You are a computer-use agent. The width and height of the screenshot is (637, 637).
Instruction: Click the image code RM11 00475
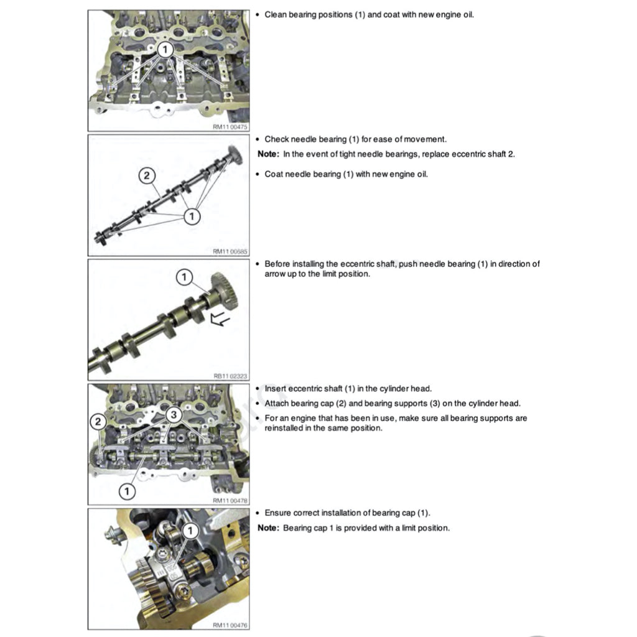(230, 126)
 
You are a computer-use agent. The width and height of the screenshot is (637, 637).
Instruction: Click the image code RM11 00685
(230, 251)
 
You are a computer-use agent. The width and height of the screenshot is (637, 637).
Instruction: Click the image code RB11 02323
(230, 376)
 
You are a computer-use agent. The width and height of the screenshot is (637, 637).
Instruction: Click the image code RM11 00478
(230, 500)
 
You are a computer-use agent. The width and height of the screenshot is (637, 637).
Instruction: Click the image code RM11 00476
(230, 625)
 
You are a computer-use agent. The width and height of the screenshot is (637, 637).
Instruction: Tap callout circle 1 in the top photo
(164, 50)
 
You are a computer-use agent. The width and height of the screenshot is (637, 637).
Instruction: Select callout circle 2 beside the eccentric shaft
(146, 176)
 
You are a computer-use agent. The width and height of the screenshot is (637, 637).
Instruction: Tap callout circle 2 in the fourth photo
(98, 422)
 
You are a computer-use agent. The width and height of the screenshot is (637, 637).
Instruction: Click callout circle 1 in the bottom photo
(191, 531)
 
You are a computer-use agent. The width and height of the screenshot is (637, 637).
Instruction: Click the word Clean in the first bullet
(276, 14)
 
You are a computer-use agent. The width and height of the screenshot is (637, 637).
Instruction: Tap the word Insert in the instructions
(276, 389)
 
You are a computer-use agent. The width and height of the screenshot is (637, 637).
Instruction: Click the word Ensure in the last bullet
(278, 513)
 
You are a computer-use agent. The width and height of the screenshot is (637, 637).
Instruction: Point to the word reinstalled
(285, 428)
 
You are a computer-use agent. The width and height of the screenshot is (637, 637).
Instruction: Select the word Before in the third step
(277, 264)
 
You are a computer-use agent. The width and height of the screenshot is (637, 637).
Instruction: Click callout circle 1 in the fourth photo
(127, 491)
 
